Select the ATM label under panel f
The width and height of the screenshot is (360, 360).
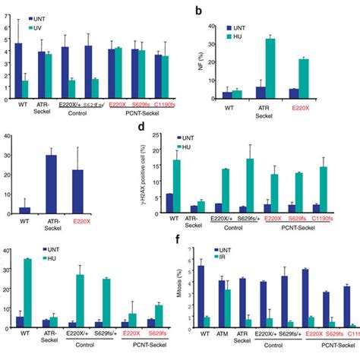pos(223,332)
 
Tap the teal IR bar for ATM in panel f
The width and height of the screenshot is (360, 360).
pos(226,307)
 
